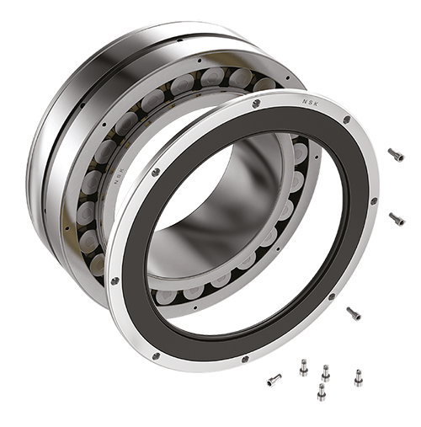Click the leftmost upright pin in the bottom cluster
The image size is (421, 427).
point(302,365)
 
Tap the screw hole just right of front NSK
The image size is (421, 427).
point(346,120)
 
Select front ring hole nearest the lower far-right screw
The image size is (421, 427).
point(374,201)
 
